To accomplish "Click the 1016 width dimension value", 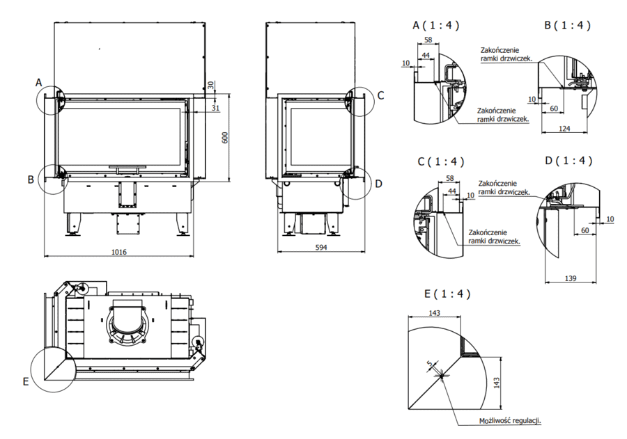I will click(x=118, y=252).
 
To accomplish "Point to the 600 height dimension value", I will click(x=224, y=137).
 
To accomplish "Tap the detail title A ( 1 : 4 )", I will click(x=436, y=25).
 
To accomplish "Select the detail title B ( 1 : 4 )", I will click(x=567, y=25).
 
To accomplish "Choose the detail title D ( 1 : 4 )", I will click(x=568, y=161).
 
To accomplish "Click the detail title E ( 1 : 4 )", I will click(x=447, y=294).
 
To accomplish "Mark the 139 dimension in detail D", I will click(x=571, y=278).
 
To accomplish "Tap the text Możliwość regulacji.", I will click(x=510, y=420).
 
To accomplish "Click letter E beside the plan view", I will click(x=26, y=381).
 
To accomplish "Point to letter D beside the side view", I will click(x=378, y=184).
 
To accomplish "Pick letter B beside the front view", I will click(x=31, y=179).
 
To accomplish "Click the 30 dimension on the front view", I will click(x=212, y=85).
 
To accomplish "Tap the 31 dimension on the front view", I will click(x=215, y=108).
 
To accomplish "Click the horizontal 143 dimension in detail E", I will click(x=434, y=313).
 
